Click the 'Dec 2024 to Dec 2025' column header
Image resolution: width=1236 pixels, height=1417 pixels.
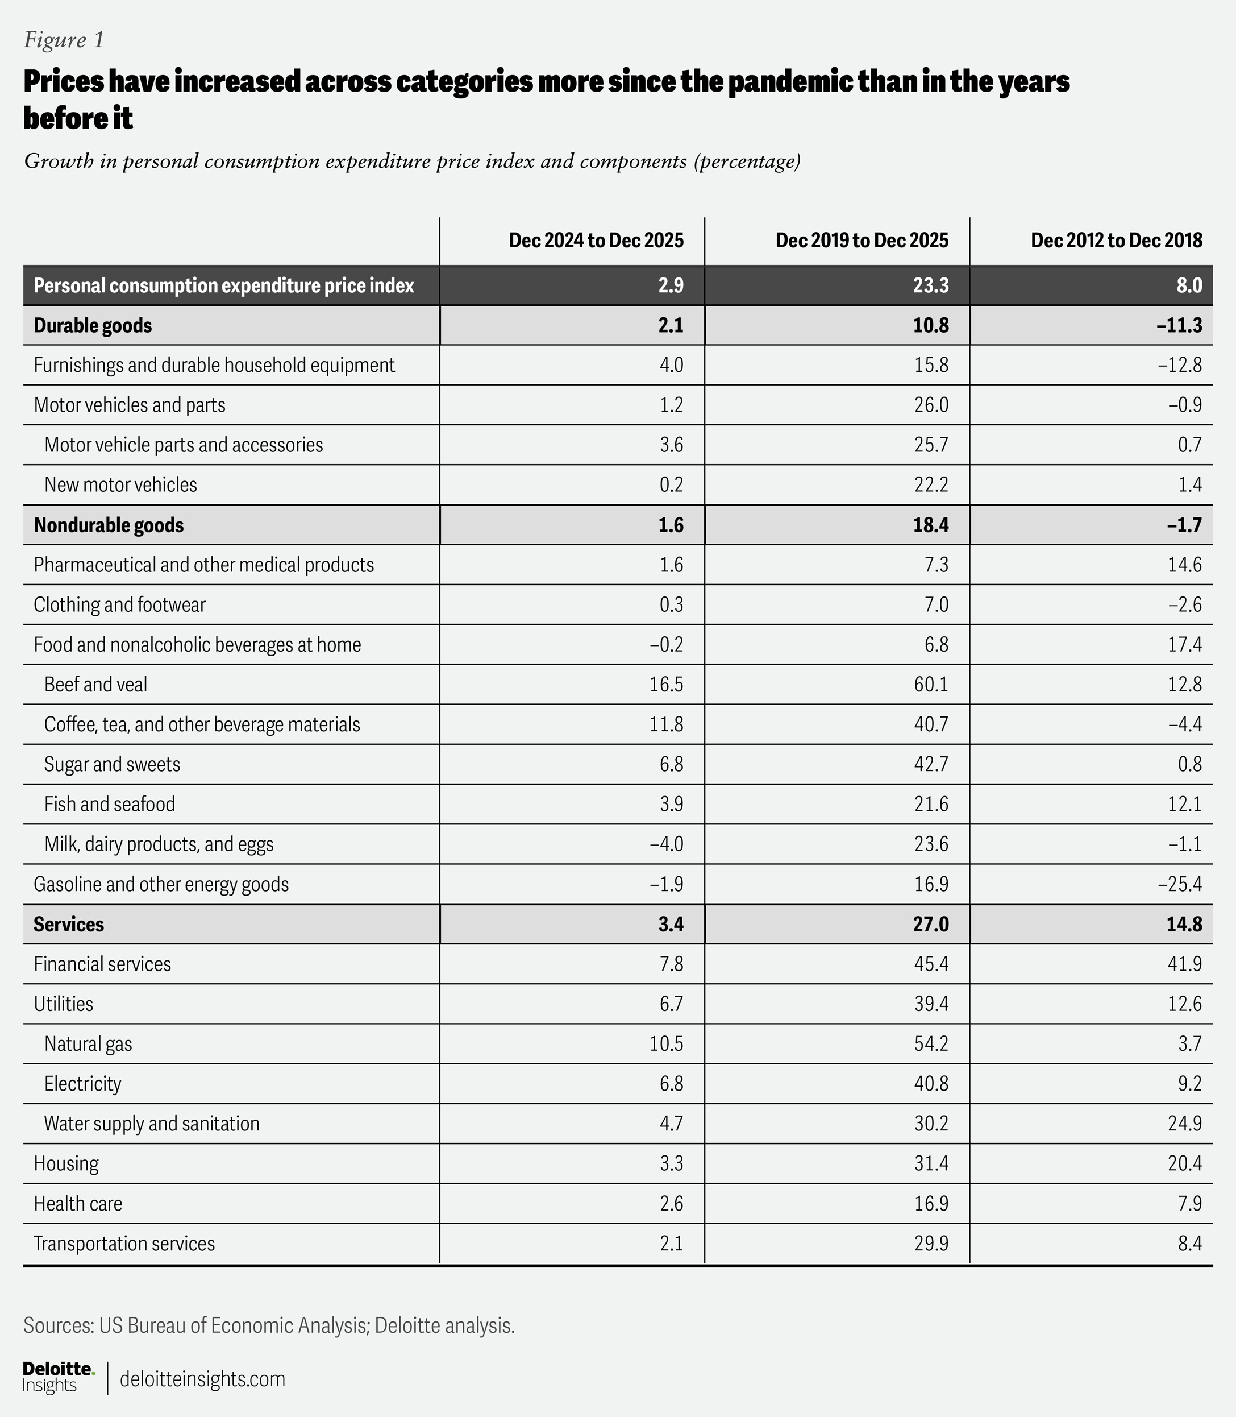pyautogui.click(x=596, y=240)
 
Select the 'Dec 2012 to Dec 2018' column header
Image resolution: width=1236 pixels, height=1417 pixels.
pyautogui.click(x=1116, y=240)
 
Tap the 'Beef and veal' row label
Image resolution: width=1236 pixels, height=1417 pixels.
pyautogui.click(x=96, y=684)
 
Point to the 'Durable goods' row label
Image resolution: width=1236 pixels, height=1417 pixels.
pyautogui.click(x=93, y=325)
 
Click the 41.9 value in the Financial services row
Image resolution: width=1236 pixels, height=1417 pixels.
pyautogui.click(x=1185, y=964)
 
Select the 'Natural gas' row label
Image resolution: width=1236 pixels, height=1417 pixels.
pyautogui.click(x=88, y=1043)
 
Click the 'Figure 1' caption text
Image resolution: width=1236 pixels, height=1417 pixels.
pyautogui.click(x=64, y=40)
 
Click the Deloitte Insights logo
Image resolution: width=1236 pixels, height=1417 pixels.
pyautogui.click(x=58, y=1378)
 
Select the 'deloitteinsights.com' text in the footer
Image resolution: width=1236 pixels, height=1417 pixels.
pyautogui.click(x=202, y=1379)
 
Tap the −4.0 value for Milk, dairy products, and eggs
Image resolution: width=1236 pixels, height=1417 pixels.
pyautogui.click(x=666, y=844)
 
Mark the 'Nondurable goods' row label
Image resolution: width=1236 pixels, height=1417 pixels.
pyautogui.click(x=109, y=525)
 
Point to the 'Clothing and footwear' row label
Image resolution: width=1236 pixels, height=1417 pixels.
pyautogui.click(x=120, y=604)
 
